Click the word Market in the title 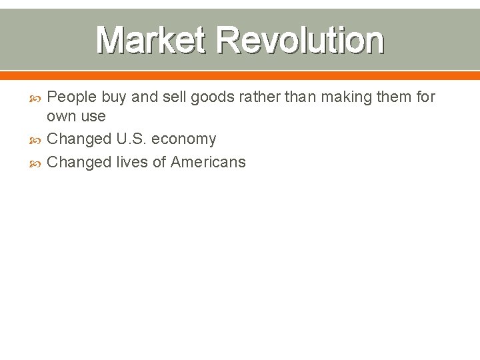click(151, 40)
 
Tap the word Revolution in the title click(299, 40)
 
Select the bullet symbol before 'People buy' click(37, 97)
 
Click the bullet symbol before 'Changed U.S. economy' click(37, 139)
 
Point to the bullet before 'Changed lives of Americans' click(37, 162)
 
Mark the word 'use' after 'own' click(93, 117)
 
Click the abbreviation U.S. click(132, 139)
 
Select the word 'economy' click(184, 139)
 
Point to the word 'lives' click(133, 162)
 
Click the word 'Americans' click(208, 162)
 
